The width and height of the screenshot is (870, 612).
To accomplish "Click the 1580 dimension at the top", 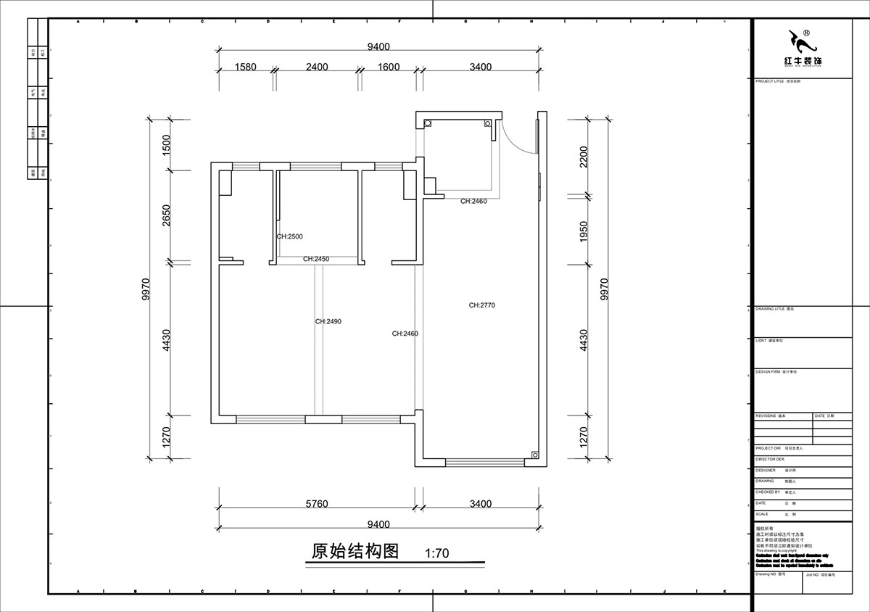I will coord(245,67).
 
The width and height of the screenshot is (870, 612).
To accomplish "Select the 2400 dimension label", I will coord(316,67).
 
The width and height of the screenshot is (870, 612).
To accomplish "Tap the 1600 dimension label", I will coord(389,67).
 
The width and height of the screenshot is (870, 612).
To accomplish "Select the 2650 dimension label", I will coord(166,216).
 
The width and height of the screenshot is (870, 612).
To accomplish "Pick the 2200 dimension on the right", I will coord(584,157).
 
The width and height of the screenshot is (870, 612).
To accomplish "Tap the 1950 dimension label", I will coord(584,231).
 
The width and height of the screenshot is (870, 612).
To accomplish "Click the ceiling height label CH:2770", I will coord(481,305).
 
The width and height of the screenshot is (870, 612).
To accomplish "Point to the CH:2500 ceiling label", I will coord(289,236).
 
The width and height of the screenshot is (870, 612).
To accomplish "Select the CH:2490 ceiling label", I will coord(328,321).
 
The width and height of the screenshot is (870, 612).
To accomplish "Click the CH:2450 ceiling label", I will coord(316,259).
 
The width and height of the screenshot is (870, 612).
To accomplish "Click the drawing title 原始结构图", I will coord(355,551).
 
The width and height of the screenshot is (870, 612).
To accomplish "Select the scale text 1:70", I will coord(437,553).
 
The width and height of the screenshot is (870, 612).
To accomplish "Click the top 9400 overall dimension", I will coord(378,47).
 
